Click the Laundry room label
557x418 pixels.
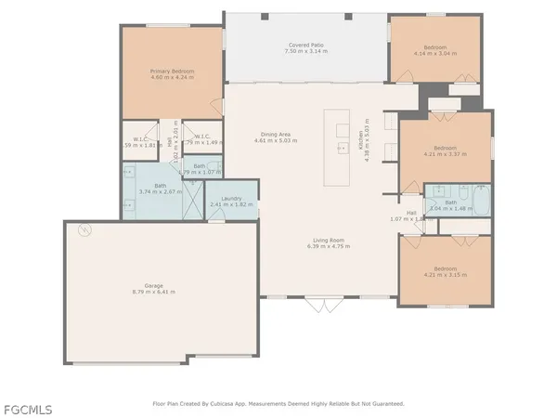pos(231,198)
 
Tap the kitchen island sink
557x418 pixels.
pos(341,147)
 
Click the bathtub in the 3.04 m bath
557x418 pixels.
pos(481,202)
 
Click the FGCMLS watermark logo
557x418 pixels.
pos(27,409)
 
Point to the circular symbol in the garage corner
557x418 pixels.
pos(84,229)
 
